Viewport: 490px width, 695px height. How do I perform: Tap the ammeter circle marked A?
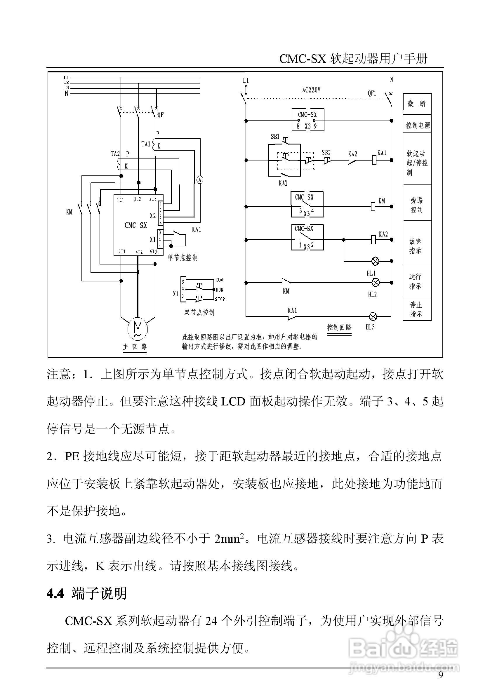[200, 180]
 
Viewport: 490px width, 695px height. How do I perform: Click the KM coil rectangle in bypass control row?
[373, 207]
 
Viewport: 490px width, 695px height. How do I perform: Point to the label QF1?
[372, 93]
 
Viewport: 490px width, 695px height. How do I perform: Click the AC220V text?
[311, 90]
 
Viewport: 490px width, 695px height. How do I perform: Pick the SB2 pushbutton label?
[326, 153]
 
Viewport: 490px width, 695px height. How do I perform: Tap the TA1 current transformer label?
[146, 144]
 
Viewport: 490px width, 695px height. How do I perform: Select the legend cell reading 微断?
[417, 104]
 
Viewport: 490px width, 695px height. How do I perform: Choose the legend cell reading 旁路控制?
[417, 205]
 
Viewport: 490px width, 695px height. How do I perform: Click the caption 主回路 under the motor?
[135, 346]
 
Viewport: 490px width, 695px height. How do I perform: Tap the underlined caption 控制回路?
[339, 327]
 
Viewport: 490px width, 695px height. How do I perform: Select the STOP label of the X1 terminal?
[220, 299]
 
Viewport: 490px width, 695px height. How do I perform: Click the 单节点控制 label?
[183, 258]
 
